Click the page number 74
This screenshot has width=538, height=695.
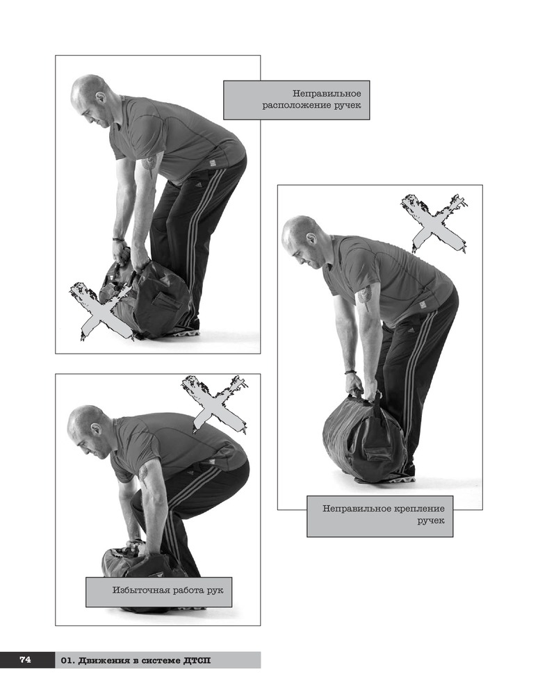(x=25, y=660)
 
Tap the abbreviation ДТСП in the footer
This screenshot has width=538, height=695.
(x=196, y=661)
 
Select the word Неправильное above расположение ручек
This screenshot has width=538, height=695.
(x=327, y=94)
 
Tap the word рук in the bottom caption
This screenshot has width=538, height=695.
(x=215, y=591)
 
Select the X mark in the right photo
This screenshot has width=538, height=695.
(x=435, y=223)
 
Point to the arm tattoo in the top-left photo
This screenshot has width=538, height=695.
(x=149, y=162)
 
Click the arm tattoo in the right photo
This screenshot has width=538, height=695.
(x=365, y=293)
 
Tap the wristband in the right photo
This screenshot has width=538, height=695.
(x=350, y=373)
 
